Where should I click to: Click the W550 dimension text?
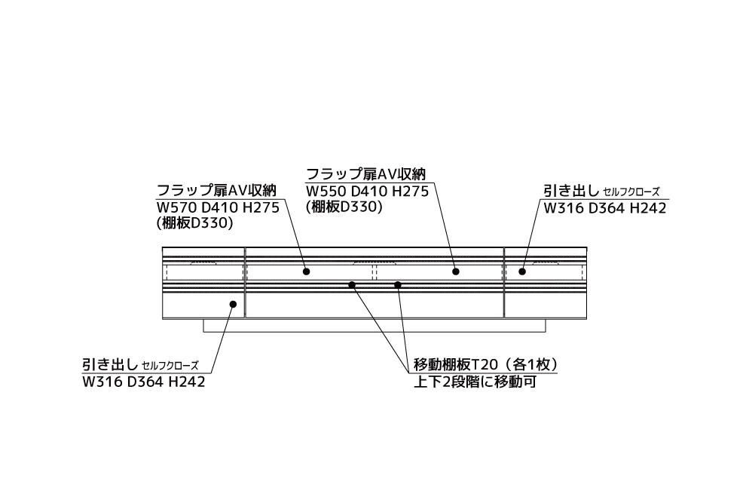324,192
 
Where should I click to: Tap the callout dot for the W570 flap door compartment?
307,271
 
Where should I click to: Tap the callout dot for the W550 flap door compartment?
456,271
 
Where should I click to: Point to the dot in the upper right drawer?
522,271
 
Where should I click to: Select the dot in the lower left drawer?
234,305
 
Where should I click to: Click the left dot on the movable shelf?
352,284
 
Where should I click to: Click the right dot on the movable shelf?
398,284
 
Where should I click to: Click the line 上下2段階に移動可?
475,382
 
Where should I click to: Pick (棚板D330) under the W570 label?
194,224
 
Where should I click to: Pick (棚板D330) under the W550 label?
344,207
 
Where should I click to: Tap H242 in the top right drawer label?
648,209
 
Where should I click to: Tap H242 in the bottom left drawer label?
186,382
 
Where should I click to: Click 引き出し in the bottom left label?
110,365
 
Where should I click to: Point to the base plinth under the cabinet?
374,326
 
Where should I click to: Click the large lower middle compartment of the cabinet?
374,305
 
